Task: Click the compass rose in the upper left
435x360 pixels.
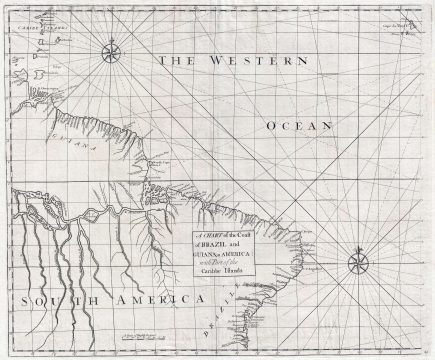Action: (112, 46)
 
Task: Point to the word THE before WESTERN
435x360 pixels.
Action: (181, 61)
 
